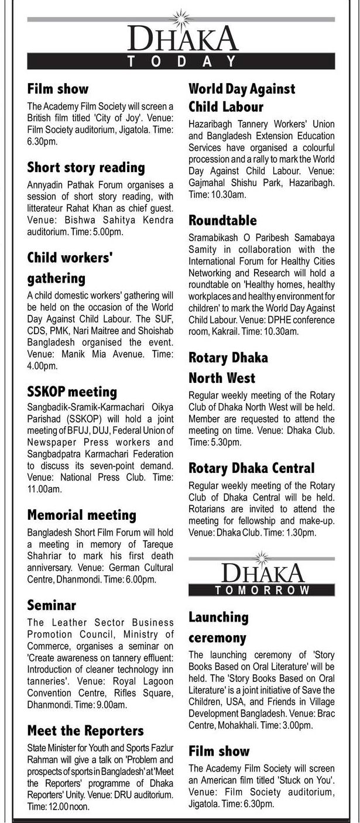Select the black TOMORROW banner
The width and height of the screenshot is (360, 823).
pos(262,590)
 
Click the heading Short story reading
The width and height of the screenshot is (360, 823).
pos(86,167)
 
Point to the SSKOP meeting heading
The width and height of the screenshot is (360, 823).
pos(72,391)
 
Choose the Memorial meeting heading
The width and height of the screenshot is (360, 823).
pos(81,515)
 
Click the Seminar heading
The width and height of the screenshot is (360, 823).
pos(52,605)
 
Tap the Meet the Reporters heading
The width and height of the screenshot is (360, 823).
pos(85,731)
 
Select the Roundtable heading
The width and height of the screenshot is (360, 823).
pos(222,220)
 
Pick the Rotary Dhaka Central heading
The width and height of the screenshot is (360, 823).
pos(251,468)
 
